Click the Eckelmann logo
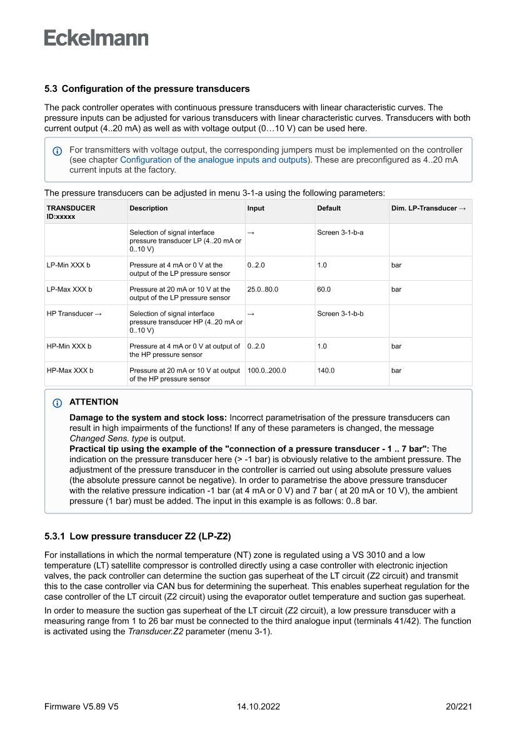pyautogui.click(x=96, y=38)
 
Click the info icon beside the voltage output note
pyautogui.click(x=58, y=151)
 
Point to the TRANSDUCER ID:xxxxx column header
pyautogui.click(x=71, y=212)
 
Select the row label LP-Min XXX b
pyautogui.click(x=69, y=265)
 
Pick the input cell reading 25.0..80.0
pyautogui.click(x=263, y=290)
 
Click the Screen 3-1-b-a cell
pyautogui.click(x=340, y=233)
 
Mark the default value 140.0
pyautogui.click(x=326, y=371)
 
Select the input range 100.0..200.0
pyautogui.click(x=267, y=371)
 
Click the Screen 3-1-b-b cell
pyautogui.click(x=340, y=314)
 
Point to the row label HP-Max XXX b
pyautogui.click(x=70, y=371)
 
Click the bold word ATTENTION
pyautogui.click(x=94, y=402)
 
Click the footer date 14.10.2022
pyautogui.click(x=258, y=707)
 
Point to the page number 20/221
pyautogui.click(x=458, y=707)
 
